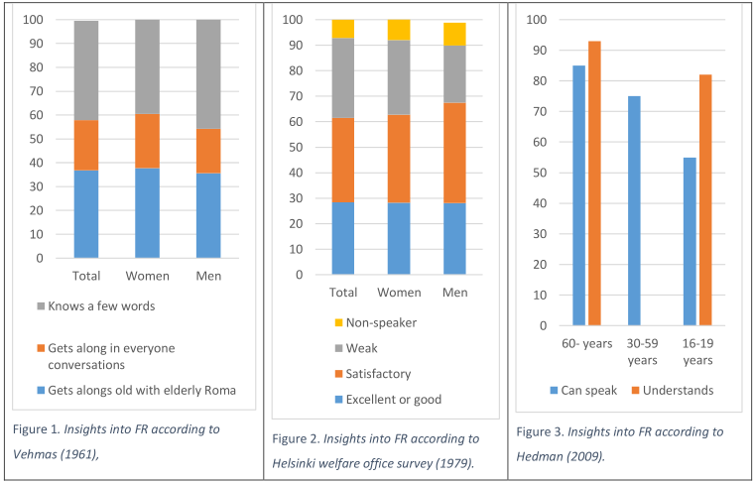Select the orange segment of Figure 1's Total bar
[x=86, y=145]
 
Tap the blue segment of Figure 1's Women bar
[x=147, y=212]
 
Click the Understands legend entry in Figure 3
[x=677, y=390]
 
